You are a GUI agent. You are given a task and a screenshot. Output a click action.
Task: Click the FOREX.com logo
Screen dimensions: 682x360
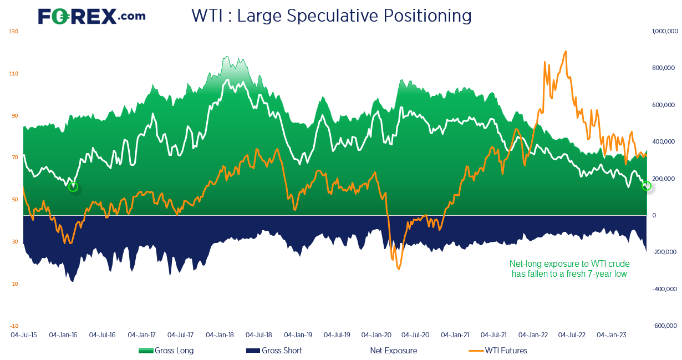[91, 16]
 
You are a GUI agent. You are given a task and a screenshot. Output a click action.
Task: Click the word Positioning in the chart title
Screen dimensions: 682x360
[427, 16]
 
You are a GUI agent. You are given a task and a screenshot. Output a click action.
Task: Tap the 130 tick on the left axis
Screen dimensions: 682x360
[14, 32]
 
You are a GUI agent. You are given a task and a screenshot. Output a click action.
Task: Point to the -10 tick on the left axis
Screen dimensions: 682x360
[14, 326]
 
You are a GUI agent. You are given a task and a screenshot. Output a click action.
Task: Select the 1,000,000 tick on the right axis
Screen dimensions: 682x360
[665, 31]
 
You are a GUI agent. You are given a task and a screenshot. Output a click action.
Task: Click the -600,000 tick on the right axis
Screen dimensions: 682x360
[665, 326]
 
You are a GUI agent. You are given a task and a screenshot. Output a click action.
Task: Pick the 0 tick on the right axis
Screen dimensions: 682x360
[654, 215]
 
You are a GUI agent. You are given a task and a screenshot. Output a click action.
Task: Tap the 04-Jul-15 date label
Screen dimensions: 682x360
[24, 335]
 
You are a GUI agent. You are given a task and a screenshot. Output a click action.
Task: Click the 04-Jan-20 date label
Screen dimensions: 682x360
[376, 335]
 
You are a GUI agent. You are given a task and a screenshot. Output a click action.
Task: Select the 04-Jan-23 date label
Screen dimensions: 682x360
[612, 335]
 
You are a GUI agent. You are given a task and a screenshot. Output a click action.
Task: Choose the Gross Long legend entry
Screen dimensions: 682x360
[166, 351]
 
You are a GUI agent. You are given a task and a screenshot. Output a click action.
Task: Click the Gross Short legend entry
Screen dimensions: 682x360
[274, 351]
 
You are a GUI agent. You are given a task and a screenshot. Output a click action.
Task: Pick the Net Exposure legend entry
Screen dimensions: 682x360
[393, 351]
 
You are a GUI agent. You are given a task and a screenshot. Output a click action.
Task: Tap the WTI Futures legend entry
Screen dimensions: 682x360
[498, 351]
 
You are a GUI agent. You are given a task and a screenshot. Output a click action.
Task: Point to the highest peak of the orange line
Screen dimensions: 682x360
[566, 51]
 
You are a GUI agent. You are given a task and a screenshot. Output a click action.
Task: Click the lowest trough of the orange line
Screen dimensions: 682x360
[399, 269]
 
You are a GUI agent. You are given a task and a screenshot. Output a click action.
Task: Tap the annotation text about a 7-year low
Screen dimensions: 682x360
[569, 268]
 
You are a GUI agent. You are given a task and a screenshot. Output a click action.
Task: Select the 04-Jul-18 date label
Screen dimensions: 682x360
[259, 335]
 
